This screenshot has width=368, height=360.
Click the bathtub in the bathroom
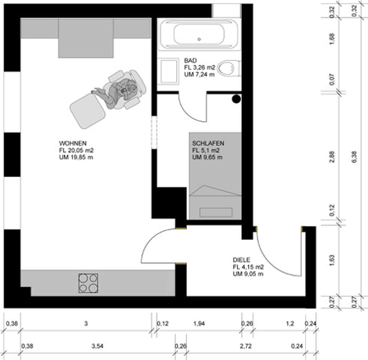[x=199, y=35]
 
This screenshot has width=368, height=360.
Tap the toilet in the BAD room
[x=229, y=68]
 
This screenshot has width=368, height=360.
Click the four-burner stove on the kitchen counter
[x=88, y=283]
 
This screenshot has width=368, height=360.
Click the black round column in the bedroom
[x=236, y=99]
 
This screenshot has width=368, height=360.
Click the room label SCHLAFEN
[x=208, y=143]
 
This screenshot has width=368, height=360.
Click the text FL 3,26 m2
[x=200, y=67]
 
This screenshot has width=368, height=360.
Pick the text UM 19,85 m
[x=76, y=157]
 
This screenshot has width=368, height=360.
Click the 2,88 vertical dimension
[x=332, y=156]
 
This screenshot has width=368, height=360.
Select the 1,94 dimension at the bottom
[x=199, y=323]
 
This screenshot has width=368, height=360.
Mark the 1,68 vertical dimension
[x=332, y=38]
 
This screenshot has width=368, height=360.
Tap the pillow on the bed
[x=216, y=212]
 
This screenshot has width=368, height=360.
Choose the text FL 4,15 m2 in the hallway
[x=248, y=267]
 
